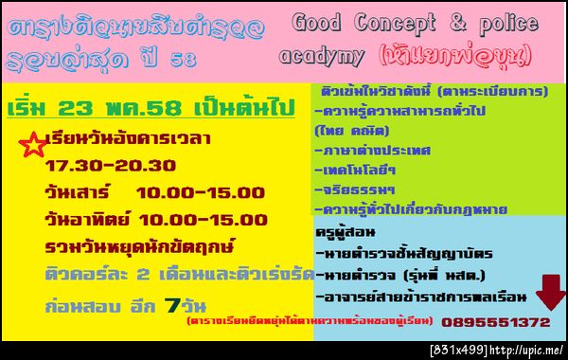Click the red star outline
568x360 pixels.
tap(32, 144)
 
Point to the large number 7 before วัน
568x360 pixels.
tap(170, 306)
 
